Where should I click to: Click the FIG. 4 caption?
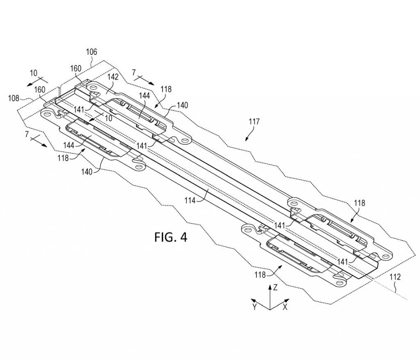coord(171,237)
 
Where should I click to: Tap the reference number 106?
coord(91,52)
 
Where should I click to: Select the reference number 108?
coord(14,98)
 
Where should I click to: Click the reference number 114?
coord(190,200)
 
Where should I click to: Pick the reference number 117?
coord(254,122)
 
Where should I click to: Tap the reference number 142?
coord(113,77)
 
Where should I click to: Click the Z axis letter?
coord(275,288)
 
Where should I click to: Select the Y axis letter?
coord(254,307)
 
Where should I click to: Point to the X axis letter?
coord(285,307)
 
